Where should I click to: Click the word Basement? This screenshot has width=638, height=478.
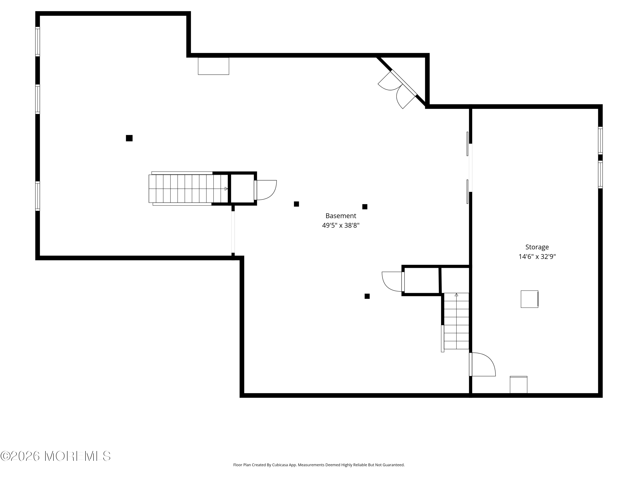point(341,216)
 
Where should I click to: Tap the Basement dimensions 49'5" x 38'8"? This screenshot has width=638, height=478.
point(341,225)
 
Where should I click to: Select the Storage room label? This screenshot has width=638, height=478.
point(537,247)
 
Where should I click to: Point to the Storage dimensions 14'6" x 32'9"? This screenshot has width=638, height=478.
point(537,256)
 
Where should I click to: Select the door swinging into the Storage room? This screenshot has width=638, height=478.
point(482,364)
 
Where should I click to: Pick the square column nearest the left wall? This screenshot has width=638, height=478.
point(129,138)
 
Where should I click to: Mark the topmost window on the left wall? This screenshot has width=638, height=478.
point(37,41)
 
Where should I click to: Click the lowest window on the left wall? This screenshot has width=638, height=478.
point(37,196)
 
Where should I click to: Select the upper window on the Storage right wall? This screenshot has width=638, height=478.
point(600,140)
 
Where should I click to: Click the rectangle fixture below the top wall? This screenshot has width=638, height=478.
point(214,66)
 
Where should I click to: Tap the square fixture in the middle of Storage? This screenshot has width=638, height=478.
point(530,299)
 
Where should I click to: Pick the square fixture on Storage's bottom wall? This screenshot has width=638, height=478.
point(519,385)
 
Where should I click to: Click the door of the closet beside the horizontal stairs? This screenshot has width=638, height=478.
point(265,190)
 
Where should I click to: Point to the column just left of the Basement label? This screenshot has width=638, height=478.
point(296,204)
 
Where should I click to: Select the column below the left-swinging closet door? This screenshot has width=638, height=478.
point(367,296)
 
